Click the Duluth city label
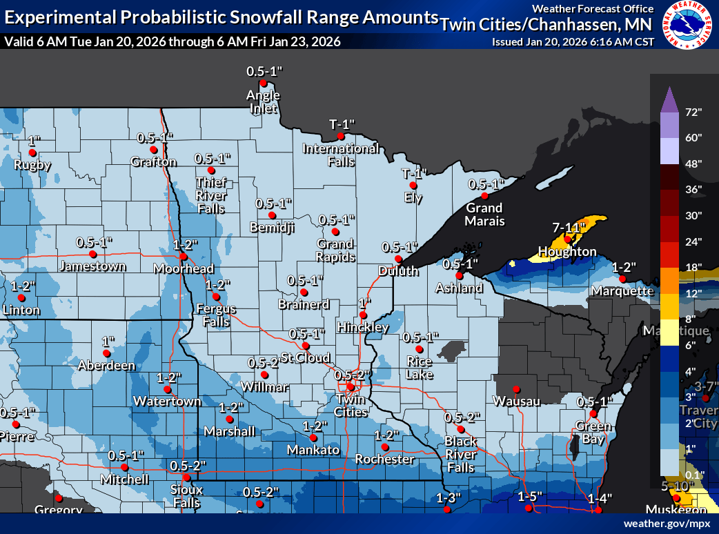point(398,271)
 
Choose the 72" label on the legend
point(693,112)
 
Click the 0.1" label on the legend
point(693,474)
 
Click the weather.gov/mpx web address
point(667,524)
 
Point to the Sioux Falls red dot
point(186,477)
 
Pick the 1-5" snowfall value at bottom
point(530,497)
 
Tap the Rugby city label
point(33,165)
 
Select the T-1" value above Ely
point(415,173)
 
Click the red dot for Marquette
point(622,279)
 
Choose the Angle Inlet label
point(263,101)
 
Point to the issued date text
point(573,42)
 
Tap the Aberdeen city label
point(106,366)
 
